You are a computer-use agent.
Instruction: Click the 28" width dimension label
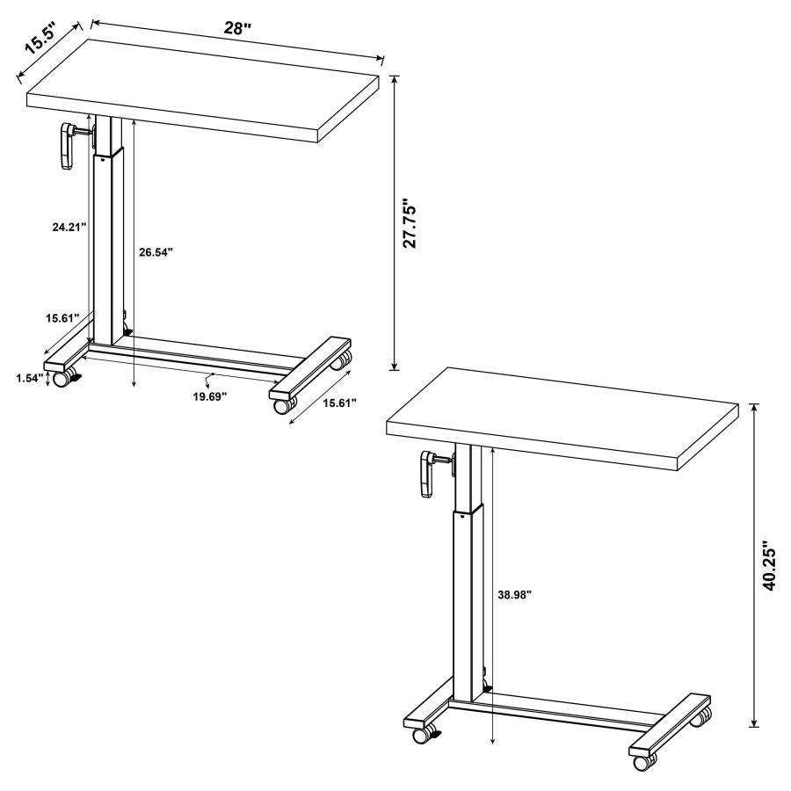[236, 28]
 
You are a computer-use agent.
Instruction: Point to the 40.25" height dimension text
[771, 565]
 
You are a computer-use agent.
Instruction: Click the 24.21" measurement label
[69, 227]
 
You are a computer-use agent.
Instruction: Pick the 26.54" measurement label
[156, 252]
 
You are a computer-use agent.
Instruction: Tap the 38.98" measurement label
[513, 594]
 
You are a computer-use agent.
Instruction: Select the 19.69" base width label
[209, 396]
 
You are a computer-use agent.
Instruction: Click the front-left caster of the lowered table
[62, 379]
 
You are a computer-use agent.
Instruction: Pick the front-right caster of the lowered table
[285, 405]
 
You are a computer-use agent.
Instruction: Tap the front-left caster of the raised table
[422, 732]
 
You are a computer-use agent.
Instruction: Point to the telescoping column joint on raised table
[469, 510]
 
